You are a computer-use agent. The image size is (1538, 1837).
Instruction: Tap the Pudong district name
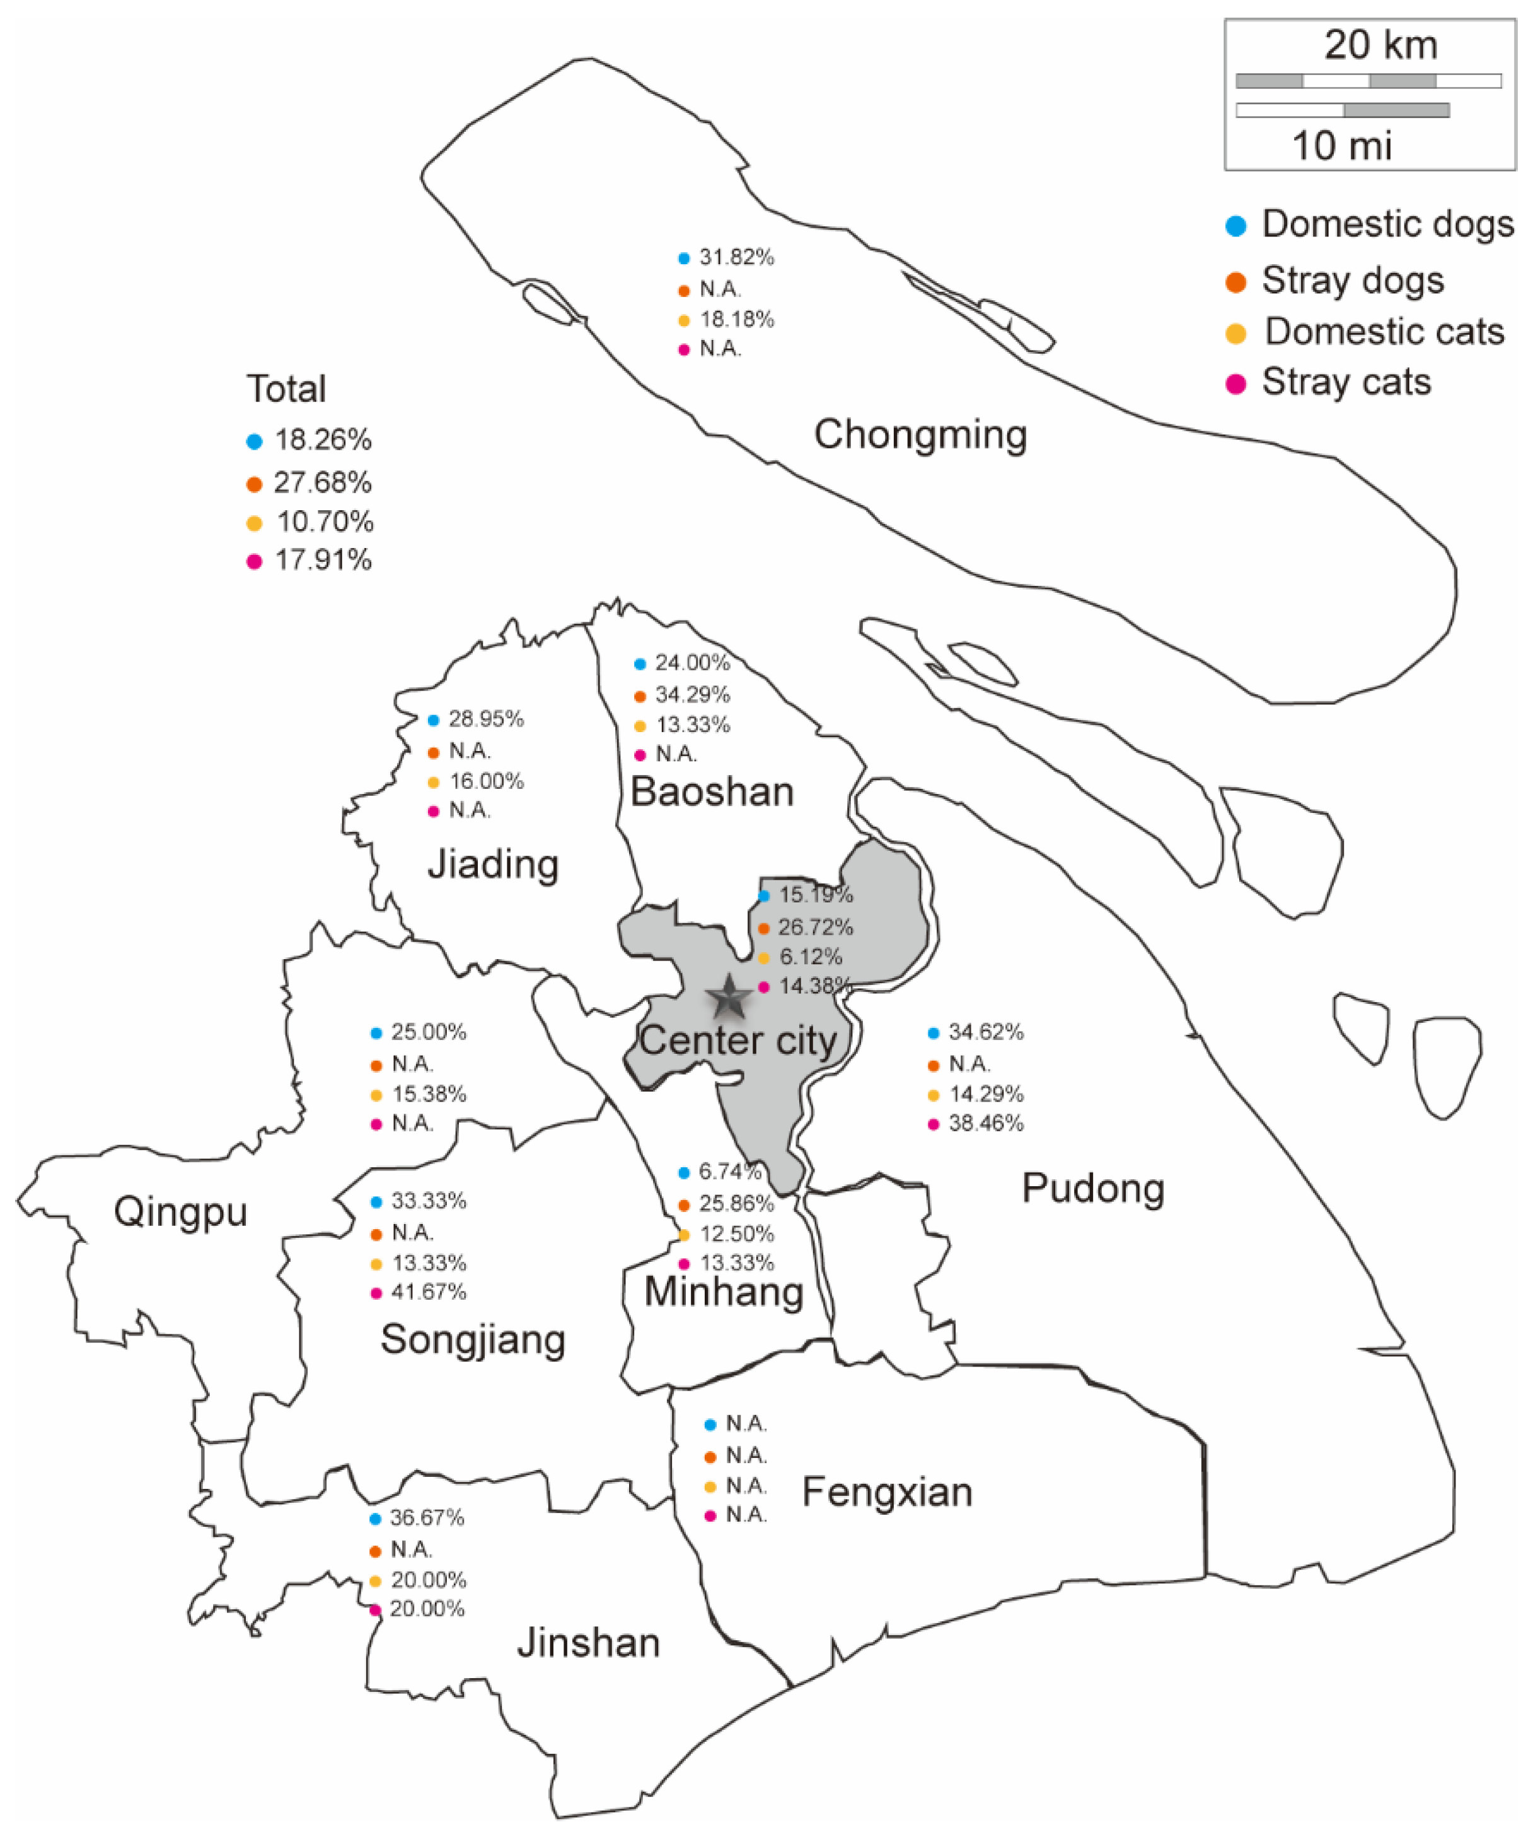pos(1093,1189)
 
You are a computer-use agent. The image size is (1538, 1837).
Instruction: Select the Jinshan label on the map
pos(589,1643)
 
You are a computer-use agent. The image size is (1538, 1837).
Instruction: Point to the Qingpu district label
pos(180,1213)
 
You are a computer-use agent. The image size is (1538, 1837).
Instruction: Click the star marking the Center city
pos(728,998)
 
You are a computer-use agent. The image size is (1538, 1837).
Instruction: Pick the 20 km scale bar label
pos(1380,45)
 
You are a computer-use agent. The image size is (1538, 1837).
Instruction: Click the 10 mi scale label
pos(1342,145)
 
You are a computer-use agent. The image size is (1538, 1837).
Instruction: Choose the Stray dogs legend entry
pos(1352,281)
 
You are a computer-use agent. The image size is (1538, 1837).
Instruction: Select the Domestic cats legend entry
pos(1384,332)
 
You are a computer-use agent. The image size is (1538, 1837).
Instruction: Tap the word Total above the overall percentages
pos(286,389)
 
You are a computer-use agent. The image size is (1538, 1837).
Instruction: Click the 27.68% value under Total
pos(323,482)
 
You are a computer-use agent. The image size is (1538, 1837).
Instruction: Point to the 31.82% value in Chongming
pos(736,257)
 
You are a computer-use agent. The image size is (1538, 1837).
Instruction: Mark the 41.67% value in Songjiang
pos(429,1292)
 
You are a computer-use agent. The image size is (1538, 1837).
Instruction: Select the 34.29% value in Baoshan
pos(693,694)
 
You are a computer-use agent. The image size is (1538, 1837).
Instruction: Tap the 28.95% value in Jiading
pos(486,719)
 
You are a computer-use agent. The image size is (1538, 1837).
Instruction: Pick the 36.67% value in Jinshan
pos(427,1518)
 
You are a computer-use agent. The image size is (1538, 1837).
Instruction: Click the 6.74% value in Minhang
pos(729,1171)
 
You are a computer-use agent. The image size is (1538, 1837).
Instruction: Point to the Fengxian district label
pos(887,1492)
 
